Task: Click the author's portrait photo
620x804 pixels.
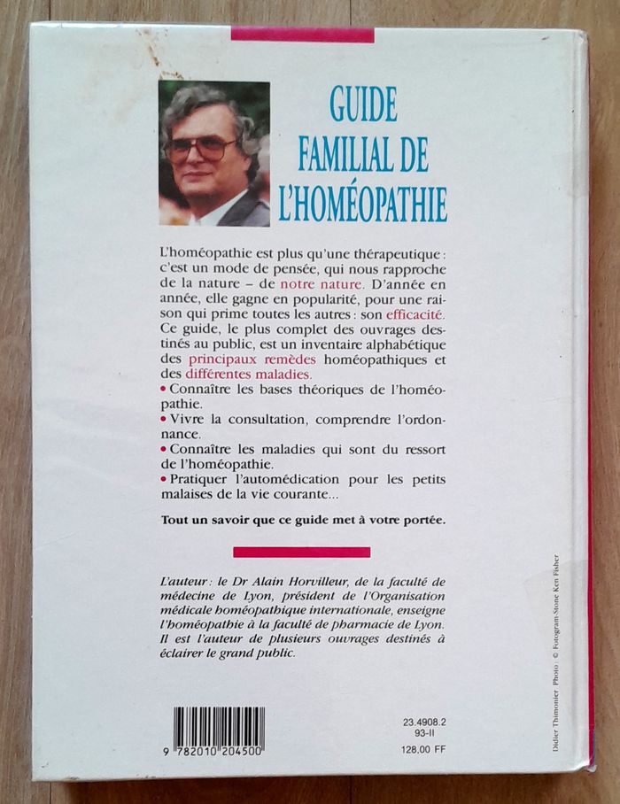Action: (x=213, y=153)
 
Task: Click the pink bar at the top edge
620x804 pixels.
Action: (x=302, y=35)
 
